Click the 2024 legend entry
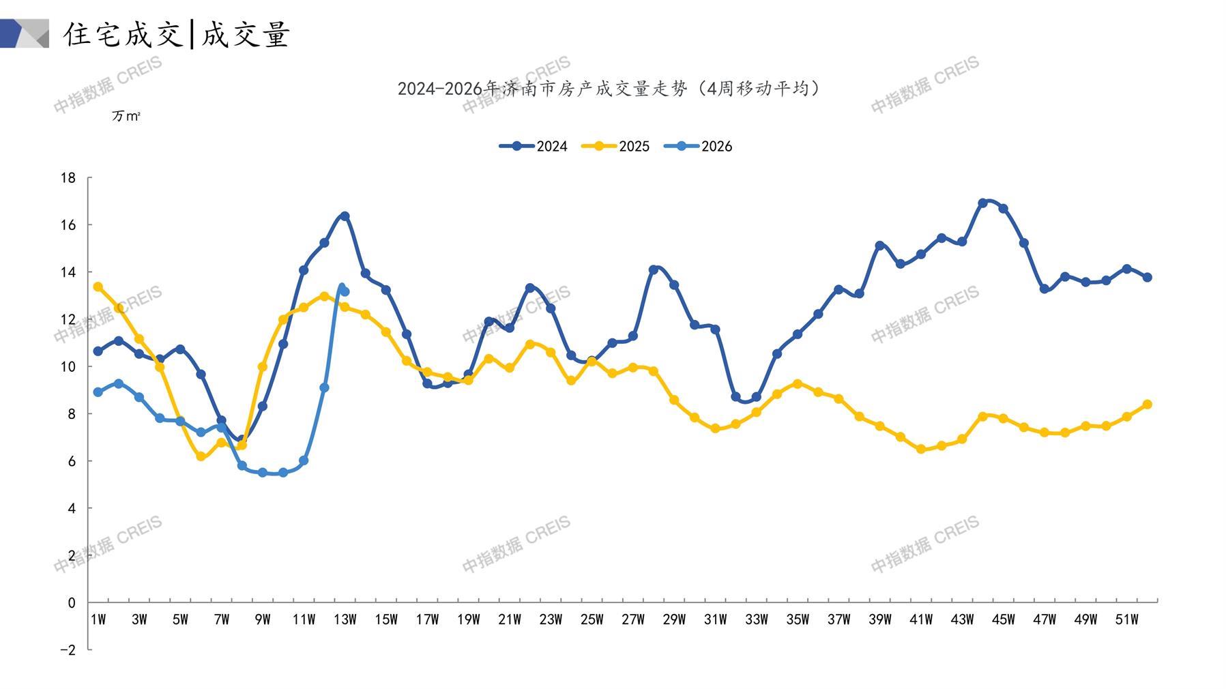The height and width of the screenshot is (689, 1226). pos(534,146)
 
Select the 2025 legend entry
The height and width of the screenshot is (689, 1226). pos(615,146)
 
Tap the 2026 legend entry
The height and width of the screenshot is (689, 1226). pos(698,146)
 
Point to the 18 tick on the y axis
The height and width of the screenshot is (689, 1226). pos(68,178)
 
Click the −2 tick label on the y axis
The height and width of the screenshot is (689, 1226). pos(68,650)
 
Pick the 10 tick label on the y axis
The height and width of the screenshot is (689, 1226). pos(68,367)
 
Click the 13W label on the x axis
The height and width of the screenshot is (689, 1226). pos(345,619)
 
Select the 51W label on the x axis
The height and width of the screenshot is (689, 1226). pos(1126,619)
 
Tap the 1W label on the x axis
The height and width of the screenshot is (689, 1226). pos(98,619)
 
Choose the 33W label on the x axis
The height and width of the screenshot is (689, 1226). pos(756,619)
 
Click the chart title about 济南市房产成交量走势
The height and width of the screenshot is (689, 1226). pos(609,89)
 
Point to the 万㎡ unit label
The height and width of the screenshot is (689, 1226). pos(126,117)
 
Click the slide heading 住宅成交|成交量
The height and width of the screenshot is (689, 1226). pos(177,34)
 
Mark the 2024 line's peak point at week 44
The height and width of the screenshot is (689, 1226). pos(982,203)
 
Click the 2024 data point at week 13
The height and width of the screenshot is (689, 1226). pos(345,216)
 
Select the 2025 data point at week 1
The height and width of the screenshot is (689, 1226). pos(98,287)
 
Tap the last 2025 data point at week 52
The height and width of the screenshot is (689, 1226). pos(1147,405)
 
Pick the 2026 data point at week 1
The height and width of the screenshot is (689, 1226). pos(98,392)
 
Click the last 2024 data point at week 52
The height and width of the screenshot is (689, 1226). pos(1147,278)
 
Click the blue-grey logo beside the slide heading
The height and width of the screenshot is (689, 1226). pos(25,33)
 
